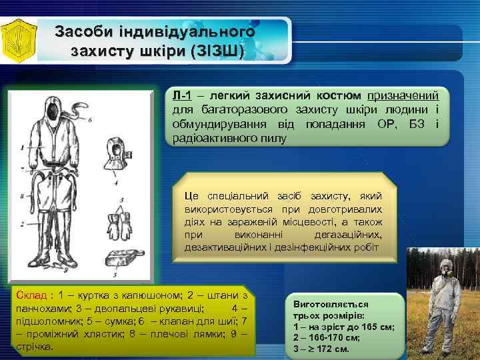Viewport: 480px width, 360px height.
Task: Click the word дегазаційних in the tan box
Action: pos(348,235)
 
